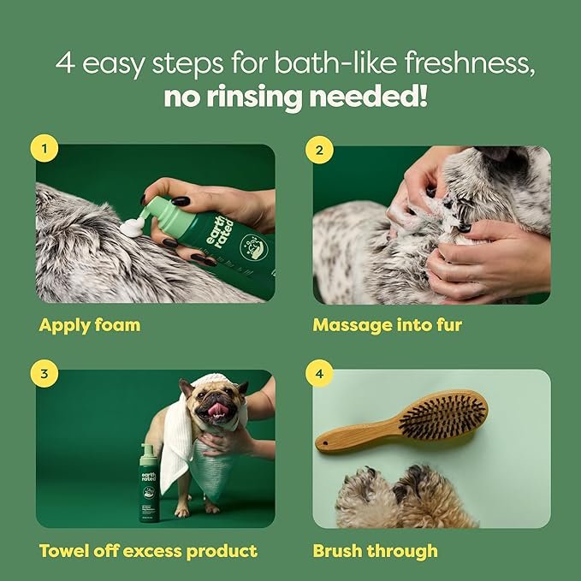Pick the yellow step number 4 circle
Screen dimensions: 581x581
pos(319,373)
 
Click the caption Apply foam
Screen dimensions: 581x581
pos(89,325)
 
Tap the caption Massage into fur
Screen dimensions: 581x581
pos(387,325)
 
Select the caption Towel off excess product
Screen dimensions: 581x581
pos(148,550)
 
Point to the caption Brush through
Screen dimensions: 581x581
pos(375,550)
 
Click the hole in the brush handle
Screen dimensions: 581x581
pos(326,442)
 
